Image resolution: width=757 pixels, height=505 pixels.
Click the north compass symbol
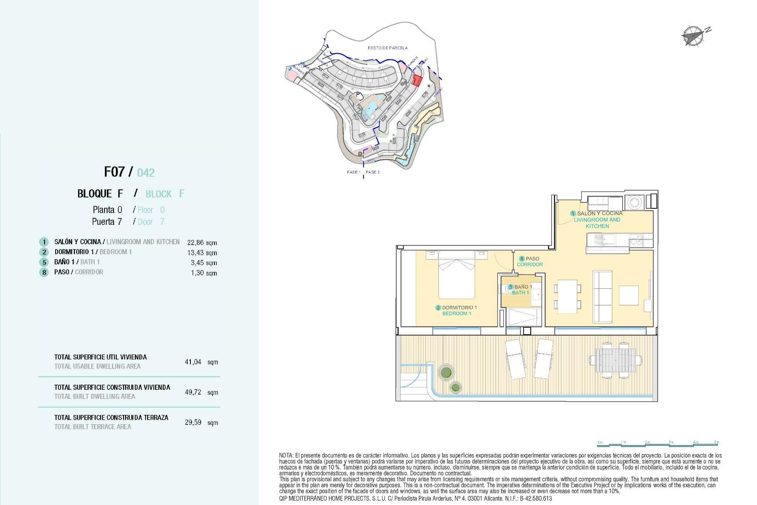693,36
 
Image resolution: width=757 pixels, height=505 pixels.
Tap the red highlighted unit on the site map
417,80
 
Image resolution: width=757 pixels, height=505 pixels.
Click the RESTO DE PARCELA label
388,48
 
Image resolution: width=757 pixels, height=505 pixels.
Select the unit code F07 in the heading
114,172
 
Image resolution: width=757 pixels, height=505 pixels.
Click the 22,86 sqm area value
202,243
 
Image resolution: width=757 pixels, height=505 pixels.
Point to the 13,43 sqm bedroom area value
202,253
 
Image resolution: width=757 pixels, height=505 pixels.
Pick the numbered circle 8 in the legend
44,272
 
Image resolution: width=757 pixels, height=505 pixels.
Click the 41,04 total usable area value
193,362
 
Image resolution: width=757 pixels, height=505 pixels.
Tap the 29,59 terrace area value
193,422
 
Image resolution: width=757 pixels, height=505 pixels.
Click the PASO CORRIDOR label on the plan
530,262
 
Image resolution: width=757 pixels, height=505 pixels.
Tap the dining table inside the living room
567,296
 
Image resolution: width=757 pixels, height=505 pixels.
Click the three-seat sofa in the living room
602,296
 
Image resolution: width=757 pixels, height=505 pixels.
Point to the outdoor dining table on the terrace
615,360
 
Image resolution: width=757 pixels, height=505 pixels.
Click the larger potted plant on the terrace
446,372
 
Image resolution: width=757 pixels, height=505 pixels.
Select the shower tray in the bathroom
524,317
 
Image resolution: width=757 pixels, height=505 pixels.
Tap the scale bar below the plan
658,444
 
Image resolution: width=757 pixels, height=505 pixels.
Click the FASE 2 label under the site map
373,172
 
